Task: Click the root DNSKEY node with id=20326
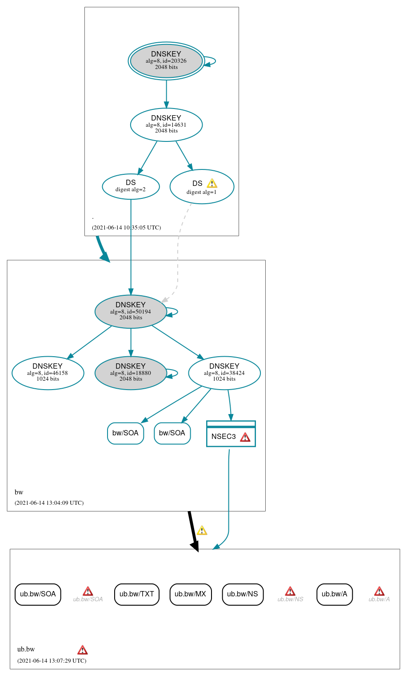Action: pos(166,61)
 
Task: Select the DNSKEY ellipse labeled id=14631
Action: pos(166,125)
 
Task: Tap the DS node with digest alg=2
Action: pos(131,186)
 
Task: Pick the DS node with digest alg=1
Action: pos(202,187)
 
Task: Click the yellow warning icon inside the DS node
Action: pos(212,183)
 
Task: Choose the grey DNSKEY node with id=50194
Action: pos(131,312)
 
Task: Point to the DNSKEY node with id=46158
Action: pos(48,373)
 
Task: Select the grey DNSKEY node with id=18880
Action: pos(131,373)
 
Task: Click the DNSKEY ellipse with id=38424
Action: pos(224,373)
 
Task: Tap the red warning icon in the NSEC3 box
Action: pos(245,437)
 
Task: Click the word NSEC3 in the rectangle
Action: pos(223,437)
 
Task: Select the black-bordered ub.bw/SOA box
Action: pos(38,594)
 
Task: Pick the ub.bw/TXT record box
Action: pos(136,594)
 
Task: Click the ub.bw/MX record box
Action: pos(191,594)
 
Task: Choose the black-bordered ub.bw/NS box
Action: pos(243,594)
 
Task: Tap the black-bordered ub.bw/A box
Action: pos(335,594)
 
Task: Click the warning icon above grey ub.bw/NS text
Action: pos(290,591)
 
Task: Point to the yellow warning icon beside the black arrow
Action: pos(202,530)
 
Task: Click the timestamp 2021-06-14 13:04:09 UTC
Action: pos(49,503)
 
